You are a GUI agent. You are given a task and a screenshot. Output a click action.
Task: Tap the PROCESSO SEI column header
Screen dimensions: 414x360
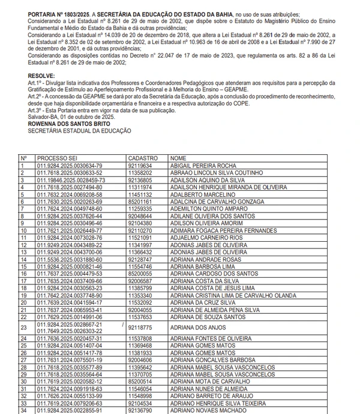click(56, 157)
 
